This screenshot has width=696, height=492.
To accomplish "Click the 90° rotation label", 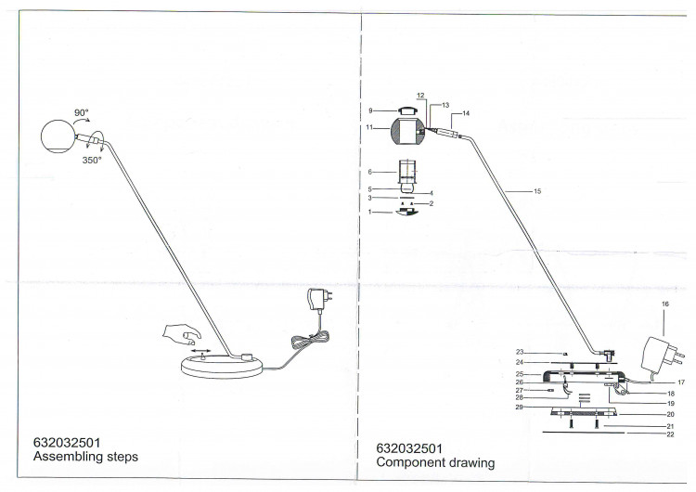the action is coord(82,112).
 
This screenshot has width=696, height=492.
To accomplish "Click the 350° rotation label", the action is coord(92,161).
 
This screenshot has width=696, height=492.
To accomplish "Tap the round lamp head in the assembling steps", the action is coord(58,137).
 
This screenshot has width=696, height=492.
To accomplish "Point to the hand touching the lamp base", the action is coord(181,335).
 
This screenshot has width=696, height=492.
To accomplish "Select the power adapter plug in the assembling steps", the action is coord(319,299).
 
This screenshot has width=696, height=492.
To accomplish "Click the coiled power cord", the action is coord(311,340).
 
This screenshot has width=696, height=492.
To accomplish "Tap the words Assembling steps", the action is coord(85,457).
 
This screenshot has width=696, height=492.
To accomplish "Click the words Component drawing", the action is coord(435,462).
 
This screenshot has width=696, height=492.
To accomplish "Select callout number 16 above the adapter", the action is coord(665,304).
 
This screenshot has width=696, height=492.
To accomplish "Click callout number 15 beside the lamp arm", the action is coord(537,191).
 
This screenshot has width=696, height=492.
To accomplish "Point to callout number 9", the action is coord(370,110).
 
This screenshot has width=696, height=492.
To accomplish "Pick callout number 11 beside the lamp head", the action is coord(369,127).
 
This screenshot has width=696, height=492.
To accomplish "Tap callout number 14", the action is coord(466,113).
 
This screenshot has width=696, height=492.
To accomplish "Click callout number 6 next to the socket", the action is coord(369,172).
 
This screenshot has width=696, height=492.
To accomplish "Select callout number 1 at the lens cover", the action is coord(369,213).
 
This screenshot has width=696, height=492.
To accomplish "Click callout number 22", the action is coord(670,434).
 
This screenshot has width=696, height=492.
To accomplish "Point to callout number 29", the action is coord(519,407).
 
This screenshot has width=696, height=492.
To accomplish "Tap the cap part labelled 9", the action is coord(408,110).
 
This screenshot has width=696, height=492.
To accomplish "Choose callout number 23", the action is coord(520,352).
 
